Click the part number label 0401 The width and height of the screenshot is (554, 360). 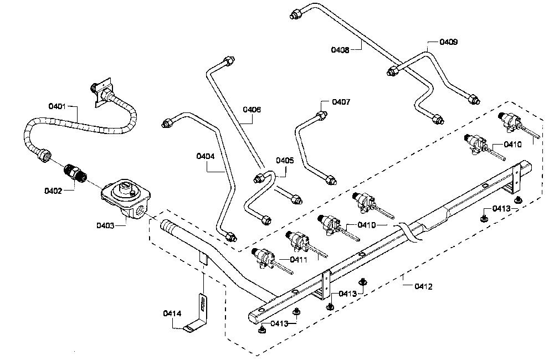58,106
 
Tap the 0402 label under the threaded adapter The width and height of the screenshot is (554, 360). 53,191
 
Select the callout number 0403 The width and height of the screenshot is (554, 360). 105,225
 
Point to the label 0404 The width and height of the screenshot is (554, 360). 206,156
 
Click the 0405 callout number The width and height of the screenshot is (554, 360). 285,161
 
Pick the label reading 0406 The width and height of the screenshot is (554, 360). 252,110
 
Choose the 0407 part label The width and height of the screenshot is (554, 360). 341,102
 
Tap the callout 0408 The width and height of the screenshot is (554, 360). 340,50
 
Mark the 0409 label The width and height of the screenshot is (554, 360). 448,42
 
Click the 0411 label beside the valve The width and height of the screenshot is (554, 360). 299,260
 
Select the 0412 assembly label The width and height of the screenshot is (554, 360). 423,286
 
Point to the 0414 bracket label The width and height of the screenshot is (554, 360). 172,313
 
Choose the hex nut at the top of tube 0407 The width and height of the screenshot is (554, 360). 321,115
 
